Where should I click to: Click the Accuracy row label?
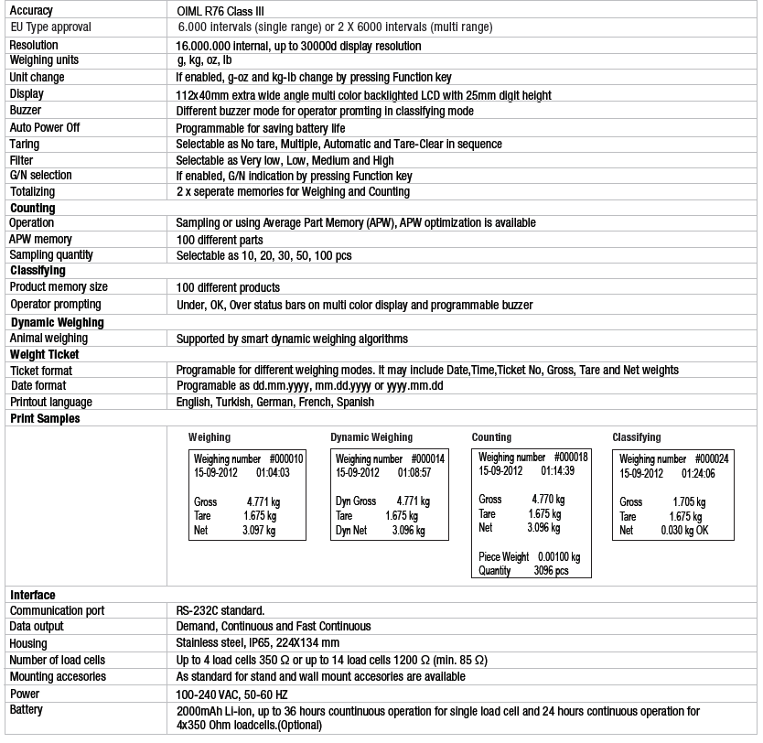click(31, 11)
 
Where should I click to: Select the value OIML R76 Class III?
click(225, 11)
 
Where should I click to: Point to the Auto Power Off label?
click(45, 127)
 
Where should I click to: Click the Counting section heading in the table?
click(32, 209)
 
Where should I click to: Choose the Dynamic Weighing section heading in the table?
click(57, 322)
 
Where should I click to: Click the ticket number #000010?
click(287, 458)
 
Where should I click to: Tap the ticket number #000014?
click(428, 458)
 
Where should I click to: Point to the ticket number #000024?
click(712, 458)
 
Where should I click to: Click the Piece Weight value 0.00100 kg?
click(559, 556)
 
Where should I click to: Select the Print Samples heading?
click(45, 418)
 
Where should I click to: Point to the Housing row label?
click(30, 643)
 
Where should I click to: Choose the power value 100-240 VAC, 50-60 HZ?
click(231, 694)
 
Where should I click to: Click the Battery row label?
click(27, 710)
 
